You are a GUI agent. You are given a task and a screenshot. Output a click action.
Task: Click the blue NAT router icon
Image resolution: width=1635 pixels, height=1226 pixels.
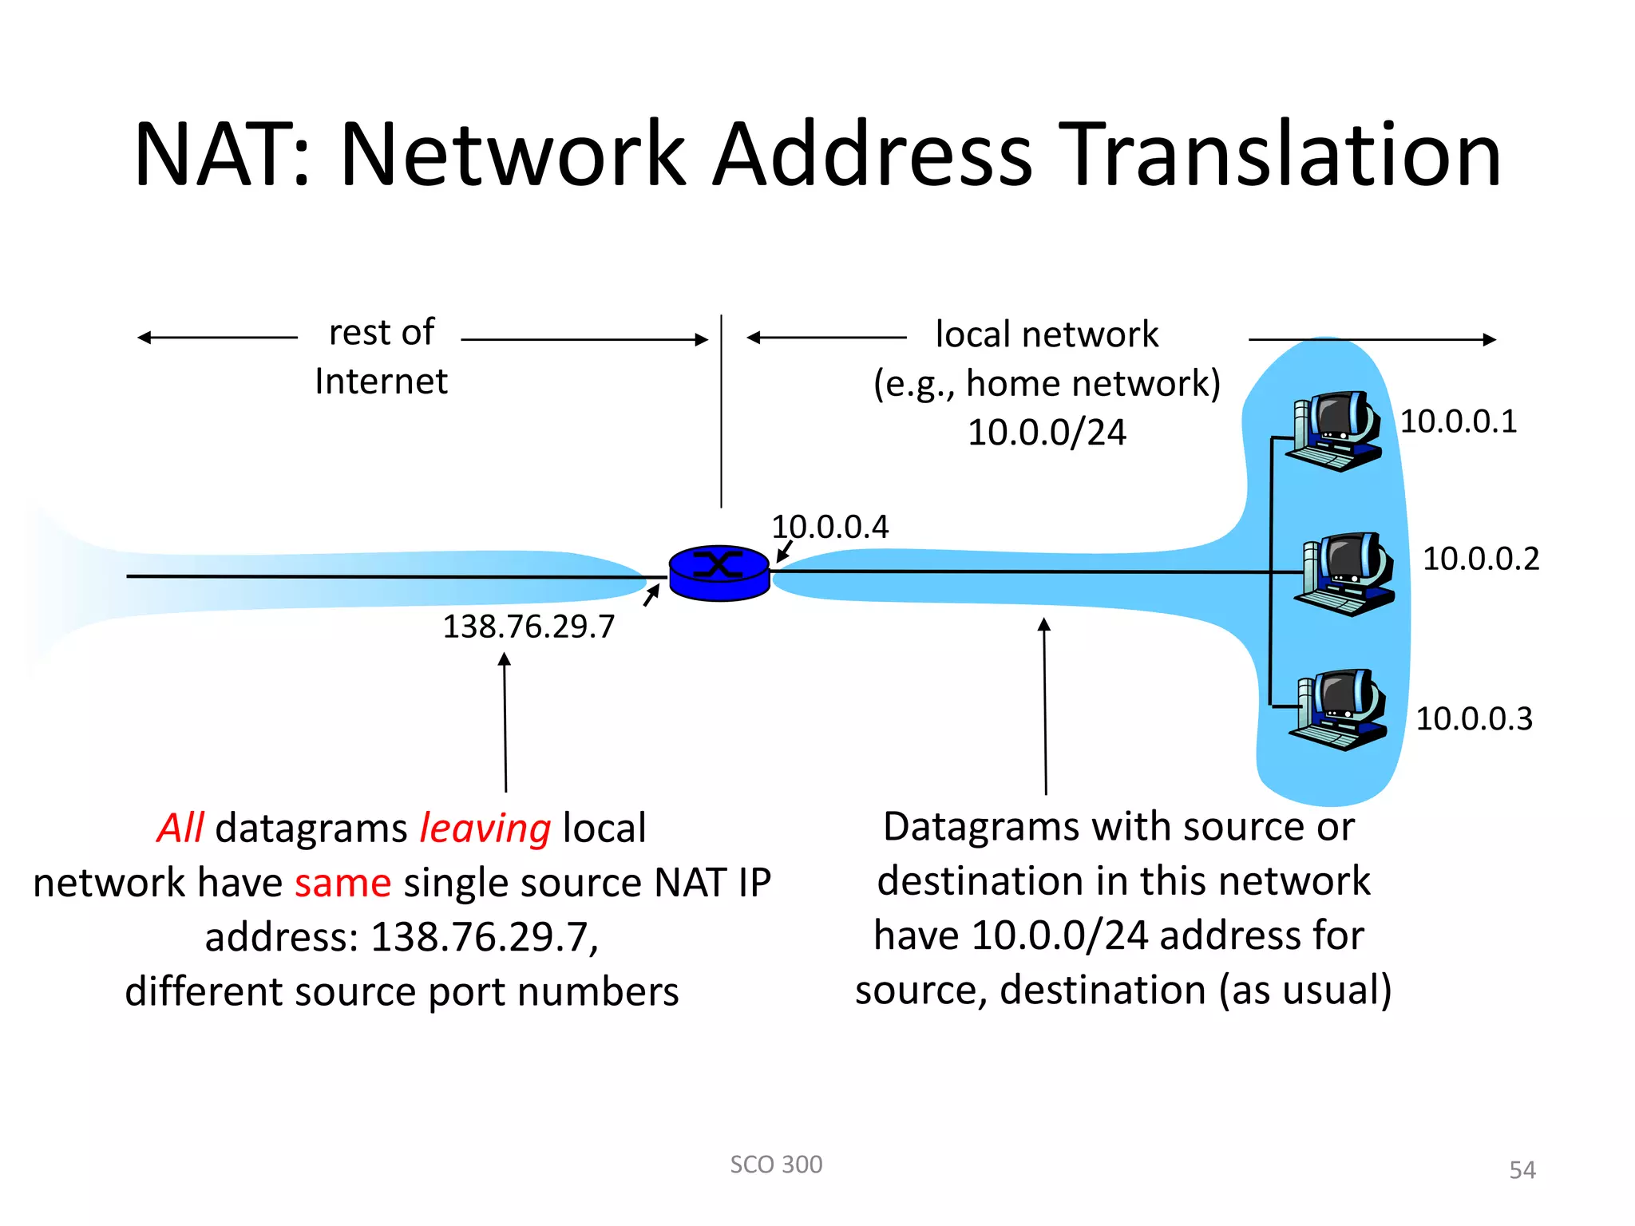(x=719, y=572)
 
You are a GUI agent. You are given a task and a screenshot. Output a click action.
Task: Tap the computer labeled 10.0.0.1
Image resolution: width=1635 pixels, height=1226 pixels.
(x=1335, y=431)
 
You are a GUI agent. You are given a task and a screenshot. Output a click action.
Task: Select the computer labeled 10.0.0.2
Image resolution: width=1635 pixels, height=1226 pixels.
(x=1346, y=573)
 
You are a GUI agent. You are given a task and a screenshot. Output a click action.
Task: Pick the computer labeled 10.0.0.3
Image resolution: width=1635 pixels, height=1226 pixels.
(x=1340, y=710)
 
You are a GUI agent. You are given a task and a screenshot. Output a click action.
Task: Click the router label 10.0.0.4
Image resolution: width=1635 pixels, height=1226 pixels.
(x=829, y=528)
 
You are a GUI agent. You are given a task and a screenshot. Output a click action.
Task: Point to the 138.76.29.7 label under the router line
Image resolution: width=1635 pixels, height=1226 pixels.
(x=529, y=627)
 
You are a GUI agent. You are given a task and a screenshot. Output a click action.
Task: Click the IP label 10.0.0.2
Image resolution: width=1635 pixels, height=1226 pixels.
(x=1480, y=559)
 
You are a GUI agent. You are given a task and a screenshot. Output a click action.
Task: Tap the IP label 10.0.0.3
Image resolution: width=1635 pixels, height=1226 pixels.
(x=1474, y=719)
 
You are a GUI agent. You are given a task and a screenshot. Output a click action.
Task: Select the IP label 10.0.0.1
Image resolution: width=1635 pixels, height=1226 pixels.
(x=1458, y=421)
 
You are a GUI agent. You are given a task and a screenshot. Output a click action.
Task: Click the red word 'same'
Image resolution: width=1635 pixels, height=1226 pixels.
(x=342, y=883)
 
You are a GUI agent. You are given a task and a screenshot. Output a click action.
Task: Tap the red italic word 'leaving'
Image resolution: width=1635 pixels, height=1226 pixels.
(x=485, y=828)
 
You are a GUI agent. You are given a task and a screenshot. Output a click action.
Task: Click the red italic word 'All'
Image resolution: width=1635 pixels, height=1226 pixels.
(x=180, y=828)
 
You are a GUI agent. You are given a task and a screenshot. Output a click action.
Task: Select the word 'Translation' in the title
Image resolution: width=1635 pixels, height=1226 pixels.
(x=1283, y=154)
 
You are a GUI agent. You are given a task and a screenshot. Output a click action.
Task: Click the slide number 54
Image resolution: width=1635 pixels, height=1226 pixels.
(x=1522, y=1170)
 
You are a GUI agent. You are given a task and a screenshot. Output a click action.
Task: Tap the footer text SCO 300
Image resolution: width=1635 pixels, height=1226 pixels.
(x=776, y=1165)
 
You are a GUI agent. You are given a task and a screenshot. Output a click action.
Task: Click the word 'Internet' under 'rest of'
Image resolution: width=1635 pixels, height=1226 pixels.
(x=381, y=382)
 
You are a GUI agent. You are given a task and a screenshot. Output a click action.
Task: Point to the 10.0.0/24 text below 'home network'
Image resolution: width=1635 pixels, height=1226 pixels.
(x=1047, y=433)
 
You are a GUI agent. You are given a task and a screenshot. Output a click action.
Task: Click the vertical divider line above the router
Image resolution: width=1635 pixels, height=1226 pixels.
(x=721, y=411)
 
